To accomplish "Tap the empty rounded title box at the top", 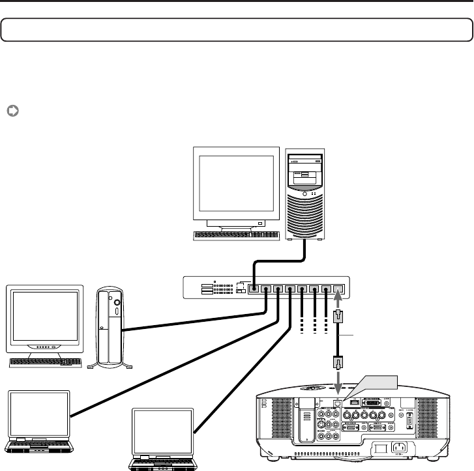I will click(237, 30).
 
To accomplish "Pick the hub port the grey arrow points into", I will click(338, 288).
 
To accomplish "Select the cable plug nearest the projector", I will click(338, 362).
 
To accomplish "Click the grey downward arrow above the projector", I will click(338, 380).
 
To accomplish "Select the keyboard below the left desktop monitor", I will click(46, 362).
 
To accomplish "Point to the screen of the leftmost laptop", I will click(39, 414).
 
